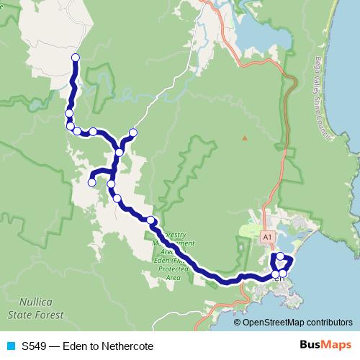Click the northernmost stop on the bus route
coord(75,58)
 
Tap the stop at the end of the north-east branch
coord(132,132)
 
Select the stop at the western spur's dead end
coord(91,183)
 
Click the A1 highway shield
coord(267,235)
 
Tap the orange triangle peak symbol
coord(245,138)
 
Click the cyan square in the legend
coord(9,346)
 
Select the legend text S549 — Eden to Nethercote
coord(87,346)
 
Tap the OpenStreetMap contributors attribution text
coord(297,322)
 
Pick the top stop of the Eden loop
coord(280,256)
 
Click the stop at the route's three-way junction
coord(119,152)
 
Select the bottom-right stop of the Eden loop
coord(283,274)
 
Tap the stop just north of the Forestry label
coord(150,220)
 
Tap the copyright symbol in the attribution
coord(238,322)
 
